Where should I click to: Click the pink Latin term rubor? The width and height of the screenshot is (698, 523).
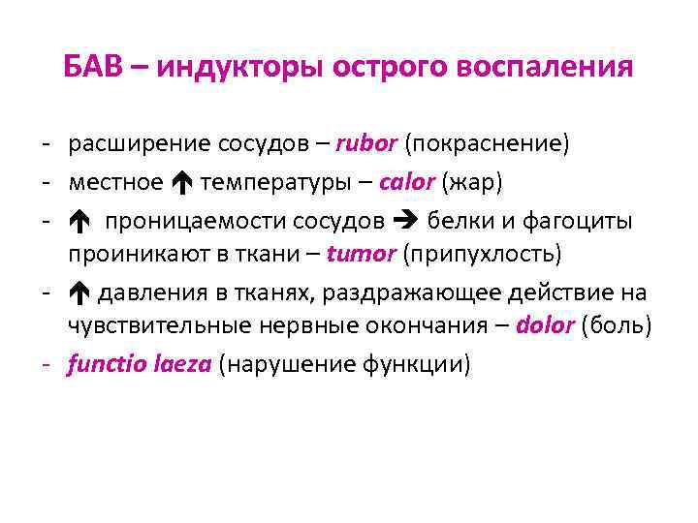pos(366,144)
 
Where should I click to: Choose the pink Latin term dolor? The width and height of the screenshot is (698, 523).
pos(546,326)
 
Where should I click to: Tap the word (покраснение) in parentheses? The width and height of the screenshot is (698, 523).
pos(487,144)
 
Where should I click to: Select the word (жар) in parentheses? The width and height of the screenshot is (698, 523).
pos(471,182)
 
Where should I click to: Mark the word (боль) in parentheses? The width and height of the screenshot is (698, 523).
pos(616,326)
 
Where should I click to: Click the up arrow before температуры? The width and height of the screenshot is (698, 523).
pos(181,182)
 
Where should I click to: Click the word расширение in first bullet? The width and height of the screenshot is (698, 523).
pos(128,144)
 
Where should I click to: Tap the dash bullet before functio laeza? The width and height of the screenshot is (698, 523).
pos(47,365)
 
